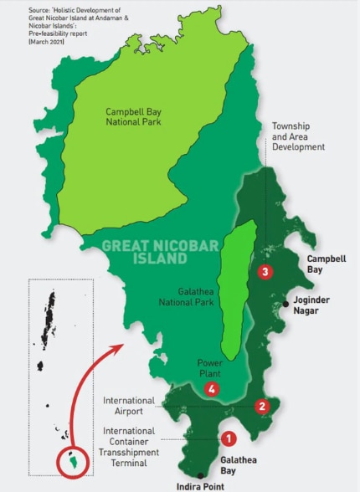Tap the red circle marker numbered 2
click(x=262, y=407)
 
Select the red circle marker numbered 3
click(x=265, y=272)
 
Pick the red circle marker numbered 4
click(x=213, y=389)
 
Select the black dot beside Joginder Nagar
click(x=286, y=304)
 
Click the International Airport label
click(x=129, y=407)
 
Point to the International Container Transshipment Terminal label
click(x=129, y=447)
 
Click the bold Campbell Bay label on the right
click(x=326, y=265)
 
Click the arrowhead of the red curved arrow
click(x=120, y=343)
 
